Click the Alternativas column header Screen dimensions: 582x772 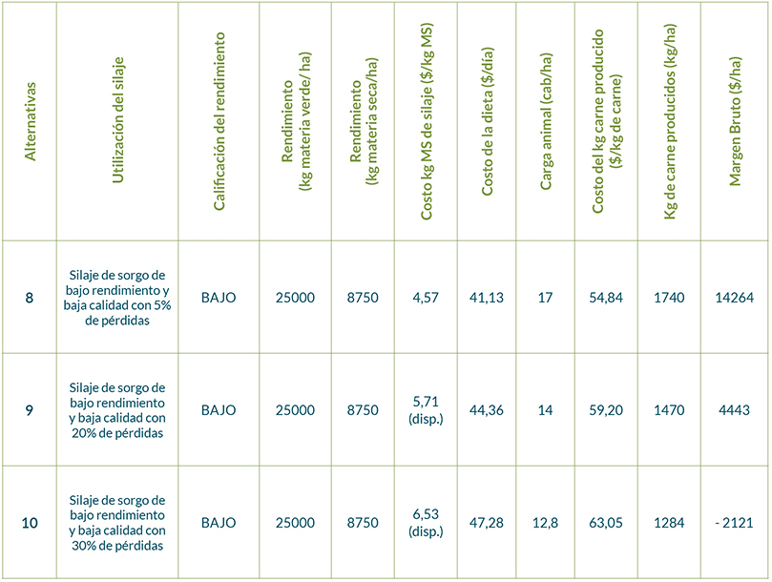[30, 120]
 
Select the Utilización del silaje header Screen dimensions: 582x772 [118, 120]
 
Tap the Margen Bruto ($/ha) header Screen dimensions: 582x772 [735, 120]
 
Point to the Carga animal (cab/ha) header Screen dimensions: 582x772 [546, 120]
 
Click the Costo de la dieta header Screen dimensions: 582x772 [487, 120]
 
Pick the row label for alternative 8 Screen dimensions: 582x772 [30, 298]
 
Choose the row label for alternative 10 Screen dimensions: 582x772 [30, 523]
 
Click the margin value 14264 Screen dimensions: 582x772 [734, 298]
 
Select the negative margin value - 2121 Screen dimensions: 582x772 [734, 523]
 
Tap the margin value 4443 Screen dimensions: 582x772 [734, 410]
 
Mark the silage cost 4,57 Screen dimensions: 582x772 [425, 298]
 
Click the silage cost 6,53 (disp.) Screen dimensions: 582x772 [425, 523]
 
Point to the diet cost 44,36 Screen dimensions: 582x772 [487, 410]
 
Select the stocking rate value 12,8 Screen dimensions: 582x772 [546, 523]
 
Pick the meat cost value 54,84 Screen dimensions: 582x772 [606, 298]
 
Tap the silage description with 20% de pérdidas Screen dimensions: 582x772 [118, 410]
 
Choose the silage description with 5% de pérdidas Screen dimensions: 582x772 [118, 298]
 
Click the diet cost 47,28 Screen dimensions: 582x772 [487, 523]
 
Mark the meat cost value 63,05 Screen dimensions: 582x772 [606, 523]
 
